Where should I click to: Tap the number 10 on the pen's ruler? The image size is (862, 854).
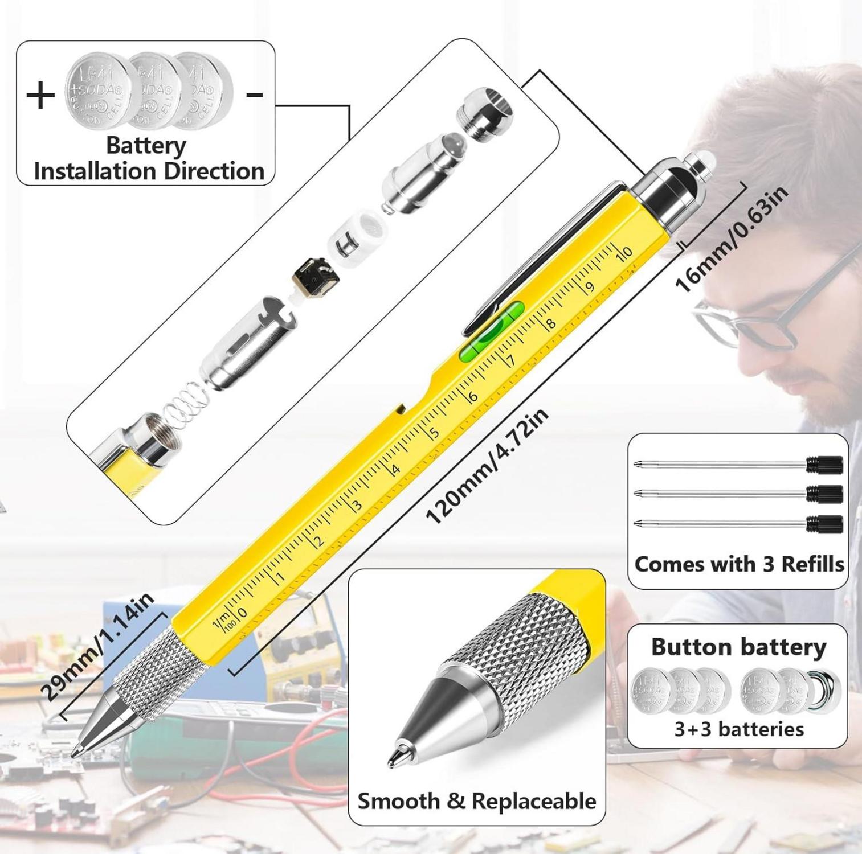tap(625, 251)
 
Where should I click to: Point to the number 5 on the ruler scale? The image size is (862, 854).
tap(434, 433)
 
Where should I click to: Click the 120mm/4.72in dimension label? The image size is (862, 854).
tap(487, 467)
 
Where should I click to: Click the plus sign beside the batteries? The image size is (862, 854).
tap(40, 96)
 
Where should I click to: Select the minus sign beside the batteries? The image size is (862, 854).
tap(254, 95)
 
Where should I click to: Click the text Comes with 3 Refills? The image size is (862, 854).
tap(738, 564)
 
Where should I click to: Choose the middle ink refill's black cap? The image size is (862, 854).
tap(825, 494)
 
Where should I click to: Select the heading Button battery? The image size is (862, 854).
tap(738, 647)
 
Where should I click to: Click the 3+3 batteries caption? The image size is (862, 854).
tap(739, 729)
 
